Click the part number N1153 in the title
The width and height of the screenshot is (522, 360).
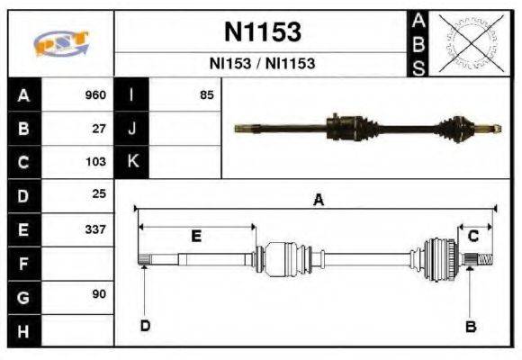click(x=262, y=32)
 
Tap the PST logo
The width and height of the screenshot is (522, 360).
click(x=60, y=43)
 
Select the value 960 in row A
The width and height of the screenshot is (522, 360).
click(x=95, y=94)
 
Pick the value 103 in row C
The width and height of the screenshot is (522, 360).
click(x=95, y=162)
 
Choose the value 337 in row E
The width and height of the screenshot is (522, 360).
click(x=95, y=229)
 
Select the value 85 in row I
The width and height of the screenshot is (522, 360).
click(x=207, y=94)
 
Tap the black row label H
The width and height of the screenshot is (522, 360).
click(x=23, y=331)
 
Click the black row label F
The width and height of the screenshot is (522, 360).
click(x=23, y=264)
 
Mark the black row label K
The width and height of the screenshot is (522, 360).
click(x=131, y=162)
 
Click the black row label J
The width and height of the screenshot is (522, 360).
click(x=131, y=129)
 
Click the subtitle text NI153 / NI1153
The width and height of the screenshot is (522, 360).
click(x=262, y=65)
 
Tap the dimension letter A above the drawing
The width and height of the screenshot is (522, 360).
click(x=318, y=201)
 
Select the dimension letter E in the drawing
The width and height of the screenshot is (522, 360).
click(x=196, y=236)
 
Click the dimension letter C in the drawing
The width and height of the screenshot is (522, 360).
click(x=473, y=236)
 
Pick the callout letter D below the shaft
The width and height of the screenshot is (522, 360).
click(x=144, y=325)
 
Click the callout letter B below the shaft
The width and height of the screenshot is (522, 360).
click(x=470, y=326)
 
